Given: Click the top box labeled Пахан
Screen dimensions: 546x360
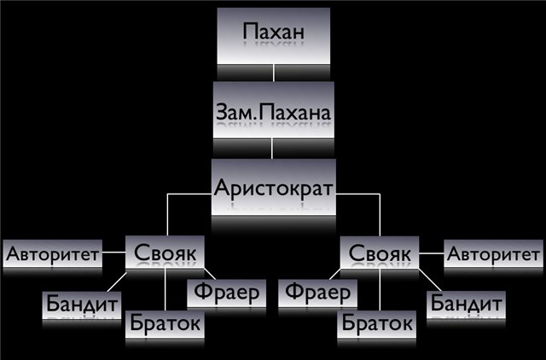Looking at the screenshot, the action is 273,36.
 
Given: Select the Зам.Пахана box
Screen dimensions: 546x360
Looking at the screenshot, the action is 273,110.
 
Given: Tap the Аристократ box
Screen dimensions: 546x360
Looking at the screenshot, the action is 274,187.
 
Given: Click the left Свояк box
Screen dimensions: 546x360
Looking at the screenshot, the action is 165,252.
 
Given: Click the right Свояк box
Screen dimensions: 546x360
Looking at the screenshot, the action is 380,253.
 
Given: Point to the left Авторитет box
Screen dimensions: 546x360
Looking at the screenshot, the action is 53,253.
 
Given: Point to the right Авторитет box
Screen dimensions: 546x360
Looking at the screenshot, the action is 493,253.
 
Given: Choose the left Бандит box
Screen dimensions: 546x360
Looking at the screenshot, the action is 82,305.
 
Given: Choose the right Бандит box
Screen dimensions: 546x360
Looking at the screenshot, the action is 466,305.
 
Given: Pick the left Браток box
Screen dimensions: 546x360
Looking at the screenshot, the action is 165,324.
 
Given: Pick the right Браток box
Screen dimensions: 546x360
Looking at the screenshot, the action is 376,324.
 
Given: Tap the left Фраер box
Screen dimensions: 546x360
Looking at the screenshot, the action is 226,293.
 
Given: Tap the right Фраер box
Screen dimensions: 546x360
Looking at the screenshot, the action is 317,293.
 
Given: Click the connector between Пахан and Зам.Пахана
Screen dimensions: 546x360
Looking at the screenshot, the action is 274,73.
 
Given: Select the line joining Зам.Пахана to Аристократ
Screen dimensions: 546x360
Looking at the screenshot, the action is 272,148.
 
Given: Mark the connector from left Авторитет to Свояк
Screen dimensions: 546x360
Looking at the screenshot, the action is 113,252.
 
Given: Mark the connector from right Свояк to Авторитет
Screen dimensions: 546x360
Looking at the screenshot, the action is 431,253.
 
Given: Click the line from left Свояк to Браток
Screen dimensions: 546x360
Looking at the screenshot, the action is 166,289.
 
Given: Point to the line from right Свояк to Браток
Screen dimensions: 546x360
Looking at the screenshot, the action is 380,289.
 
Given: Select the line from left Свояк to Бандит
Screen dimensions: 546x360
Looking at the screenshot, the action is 117,282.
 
